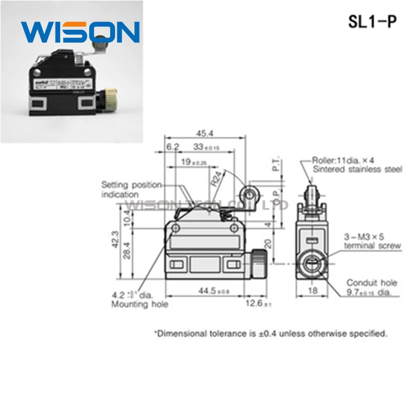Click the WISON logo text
pyautogui.click(x=80, y=32)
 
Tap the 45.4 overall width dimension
pyautogui.click(x=204, y=133)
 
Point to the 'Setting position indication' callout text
pyautogui.click(x=131, y=189)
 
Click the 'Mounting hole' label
pyautogui.click(x=140, y=304)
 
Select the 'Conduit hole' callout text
pyautogui.click(x=372, y=282)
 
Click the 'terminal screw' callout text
pyautogui.click(x=372, y=246)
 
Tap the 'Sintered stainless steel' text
pyautogui.click(x=357, y=169)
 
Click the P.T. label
pyautogui.click(x=277, y=165)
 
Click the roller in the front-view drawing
pyautogui.click(x=250, y=195)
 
